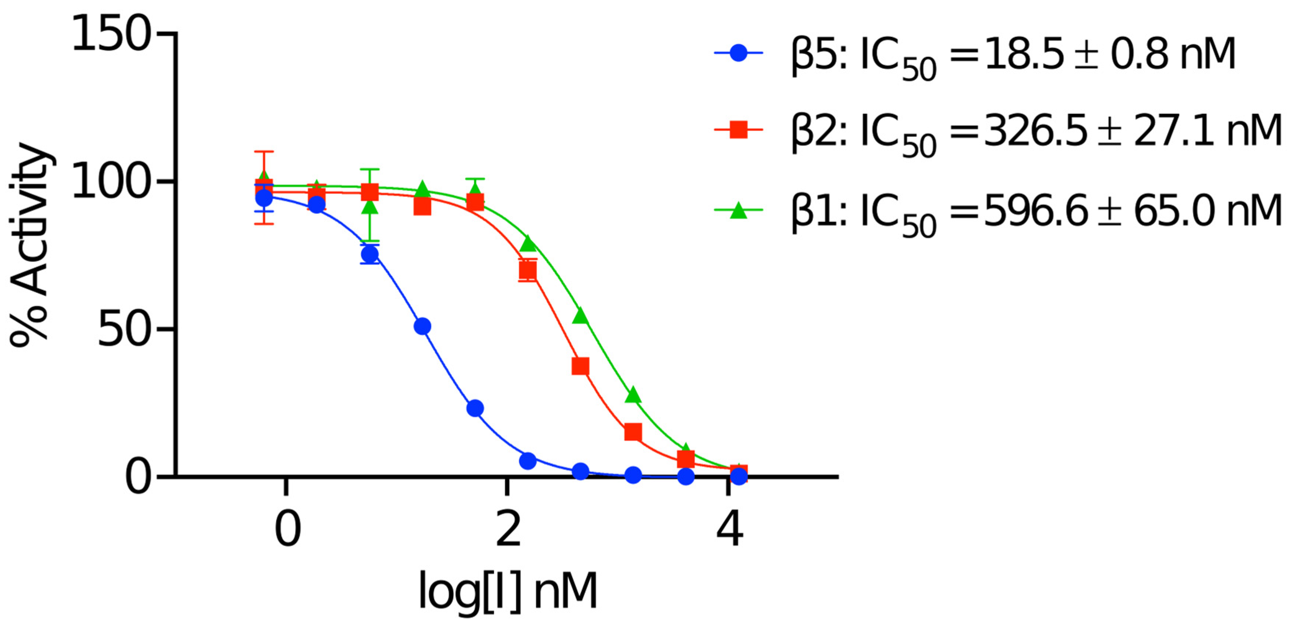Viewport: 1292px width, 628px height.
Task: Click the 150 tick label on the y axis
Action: click(111, 34)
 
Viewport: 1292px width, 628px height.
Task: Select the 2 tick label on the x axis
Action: click(508, 530)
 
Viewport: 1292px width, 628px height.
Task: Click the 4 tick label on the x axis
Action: click(729, 530)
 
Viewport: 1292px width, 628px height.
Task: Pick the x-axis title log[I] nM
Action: click(508, 592)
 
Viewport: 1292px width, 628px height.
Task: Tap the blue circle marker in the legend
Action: click(738, 52)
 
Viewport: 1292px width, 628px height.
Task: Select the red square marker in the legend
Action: click(738, 130)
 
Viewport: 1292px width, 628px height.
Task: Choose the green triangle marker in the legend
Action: click(738, 210)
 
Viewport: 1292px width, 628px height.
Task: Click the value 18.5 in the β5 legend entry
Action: click(1023, 54)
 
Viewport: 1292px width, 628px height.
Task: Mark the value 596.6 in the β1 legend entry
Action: click(1035, 211)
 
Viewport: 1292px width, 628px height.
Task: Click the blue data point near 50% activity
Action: click(422, 326)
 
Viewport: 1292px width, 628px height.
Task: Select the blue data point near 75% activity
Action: click(370, 255)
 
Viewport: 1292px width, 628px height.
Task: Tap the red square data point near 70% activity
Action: click(528, 270)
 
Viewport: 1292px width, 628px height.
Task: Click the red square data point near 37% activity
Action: click(580, 366)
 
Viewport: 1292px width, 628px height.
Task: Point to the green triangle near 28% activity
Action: click(633, 395)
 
